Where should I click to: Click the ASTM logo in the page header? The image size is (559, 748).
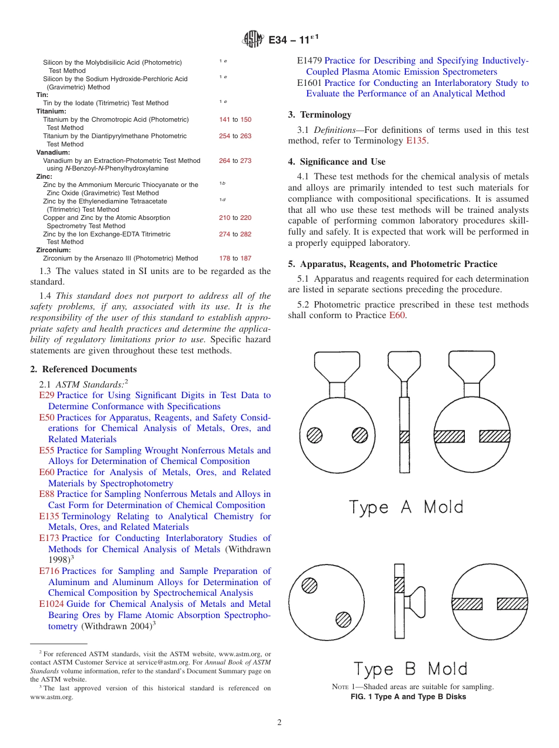click(253, 40)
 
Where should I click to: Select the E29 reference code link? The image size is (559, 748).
click(46, 396)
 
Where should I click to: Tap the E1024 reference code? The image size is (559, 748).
click(51, 605)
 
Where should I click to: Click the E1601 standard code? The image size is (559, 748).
click(310, 83)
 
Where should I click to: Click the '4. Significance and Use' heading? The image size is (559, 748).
click(337, 162)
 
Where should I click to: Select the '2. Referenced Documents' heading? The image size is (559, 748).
click(84, 369)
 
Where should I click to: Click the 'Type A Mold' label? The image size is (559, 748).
click(406, 507)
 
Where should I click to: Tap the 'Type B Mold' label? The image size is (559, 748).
click(410, 669)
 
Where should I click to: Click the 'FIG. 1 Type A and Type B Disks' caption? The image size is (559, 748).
click(408, 697)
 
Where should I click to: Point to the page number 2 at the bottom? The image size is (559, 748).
click(279, 723)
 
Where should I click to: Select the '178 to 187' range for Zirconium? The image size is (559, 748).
click(235, 258)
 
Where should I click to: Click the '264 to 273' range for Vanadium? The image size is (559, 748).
click(235, 161)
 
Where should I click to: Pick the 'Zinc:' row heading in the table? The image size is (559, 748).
click(44, 176)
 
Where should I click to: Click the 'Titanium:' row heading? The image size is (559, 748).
click(51, 111)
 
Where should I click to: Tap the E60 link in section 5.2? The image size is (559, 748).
click(397, 316)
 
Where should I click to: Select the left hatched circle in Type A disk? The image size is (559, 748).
click(315, 435)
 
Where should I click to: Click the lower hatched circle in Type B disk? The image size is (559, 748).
click(343, 619)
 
